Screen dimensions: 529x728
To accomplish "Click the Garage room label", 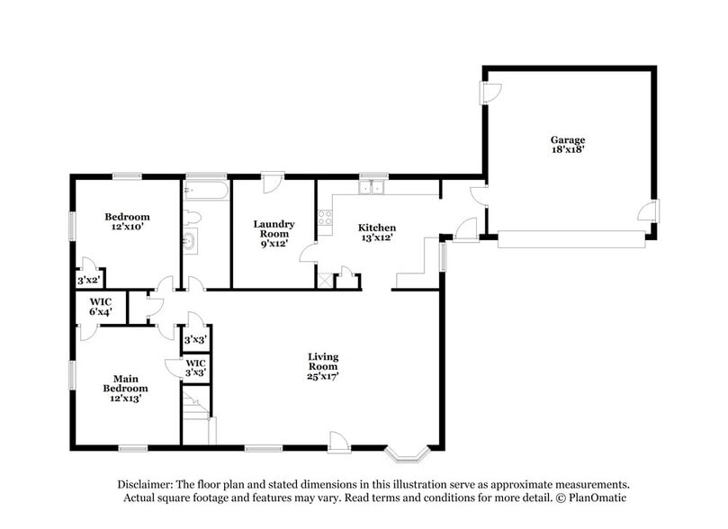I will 568,139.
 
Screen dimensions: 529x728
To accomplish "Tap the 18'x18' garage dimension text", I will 568,151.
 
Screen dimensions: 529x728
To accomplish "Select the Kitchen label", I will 377,228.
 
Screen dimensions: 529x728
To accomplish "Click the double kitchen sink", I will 373,188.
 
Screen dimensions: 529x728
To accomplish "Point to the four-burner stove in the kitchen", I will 325,216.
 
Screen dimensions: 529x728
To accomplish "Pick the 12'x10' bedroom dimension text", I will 127,229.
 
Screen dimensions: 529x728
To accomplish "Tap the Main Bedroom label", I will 124,384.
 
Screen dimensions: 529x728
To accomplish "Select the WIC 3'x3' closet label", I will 196,368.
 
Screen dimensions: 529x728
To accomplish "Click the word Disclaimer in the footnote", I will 148,484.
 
